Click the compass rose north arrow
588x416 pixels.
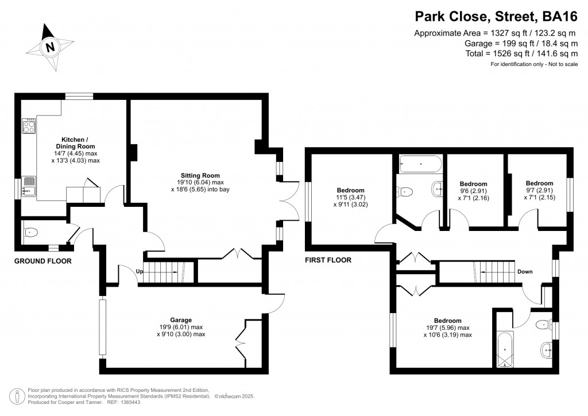pyautogui.click(x=51, y=46)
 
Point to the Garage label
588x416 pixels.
pyautogui.click(x=180, y=320)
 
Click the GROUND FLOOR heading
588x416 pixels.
pyautogui.click(x=42, y=261)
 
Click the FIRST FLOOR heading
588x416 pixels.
pyautogui.click(x=328, y=260)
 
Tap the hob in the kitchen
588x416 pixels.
pyautogui.click(x=29, y=126)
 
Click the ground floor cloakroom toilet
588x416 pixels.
pyautogui.click(x=31, y=233)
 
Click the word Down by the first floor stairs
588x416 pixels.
pyautogui.click(x=525, y=272)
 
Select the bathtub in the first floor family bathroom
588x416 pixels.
pyautogui.click(x=420, y=163)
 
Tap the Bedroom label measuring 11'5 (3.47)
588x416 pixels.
pyautogui.click(x=350, y=190)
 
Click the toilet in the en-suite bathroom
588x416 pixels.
pyautogui.click(x=542, y=325)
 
